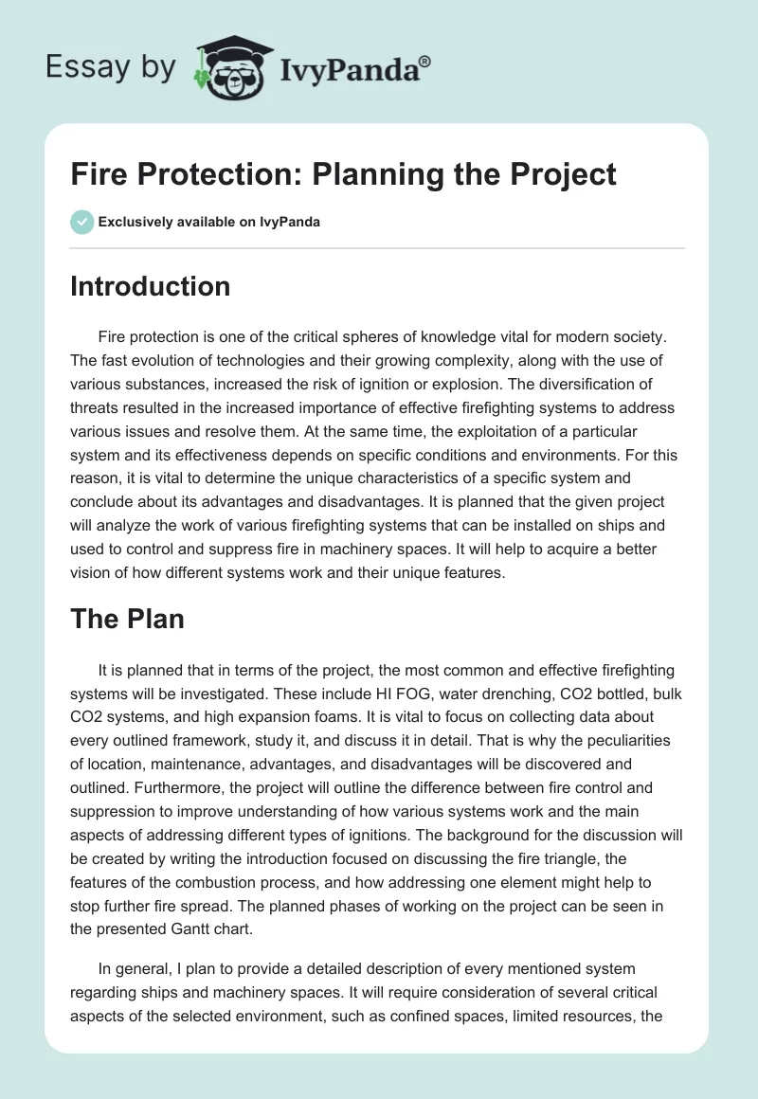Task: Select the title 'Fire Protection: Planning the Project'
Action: click(x=343, y=174)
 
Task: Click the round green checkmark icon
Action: click(x=81, y=222)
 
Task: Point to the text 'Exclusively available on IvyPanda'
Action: click(x=209, y=222)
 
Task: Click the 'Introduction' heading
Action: click(x=150, y=286)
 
